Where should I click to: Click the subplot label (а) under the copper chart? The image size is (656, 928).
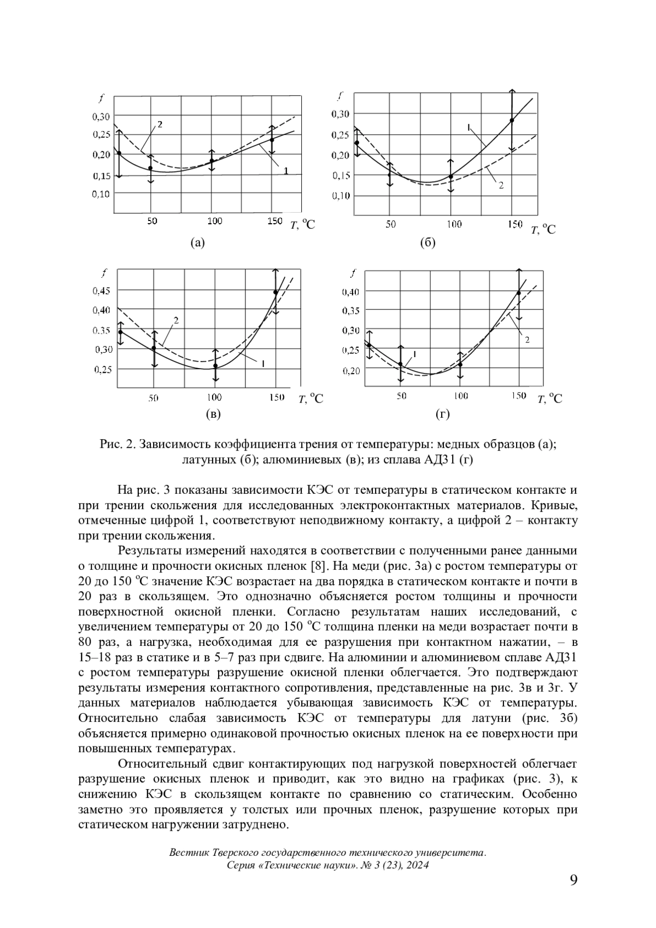coord(197,243)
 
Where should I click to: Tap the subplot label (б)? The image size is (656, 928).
coord(427,243)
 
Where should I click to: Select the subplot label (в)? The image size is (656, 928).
coord(213,415)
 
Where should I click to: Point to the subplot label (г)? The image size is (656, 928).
coord(442,415)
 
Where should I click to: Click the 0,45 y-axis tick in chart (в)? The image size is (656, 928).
coord(101,290)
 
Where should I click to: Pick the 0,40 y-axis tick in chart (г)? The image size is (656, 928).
coord(350,292)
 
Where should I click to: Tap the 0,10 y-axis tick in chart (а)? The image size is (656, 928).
coord(100,194)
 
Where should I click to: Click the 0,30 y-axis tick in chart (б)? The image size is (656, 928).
coord(341,114)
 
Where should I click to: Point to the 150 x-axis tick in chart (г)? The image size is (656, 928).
coord(518,395)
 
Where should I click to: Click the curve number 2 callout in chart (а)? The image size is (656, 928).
coord(160,124)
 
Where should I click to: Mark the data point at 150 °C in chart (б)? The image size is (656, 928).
coord(512,120)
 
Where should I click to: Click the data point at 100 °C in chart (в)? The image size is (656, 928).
coord(215,366)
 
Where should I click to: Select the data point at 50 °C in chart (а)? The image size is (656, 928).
coord(150,168)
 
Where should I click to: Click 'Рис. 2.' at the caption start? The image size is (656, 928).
coord(117,444)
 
